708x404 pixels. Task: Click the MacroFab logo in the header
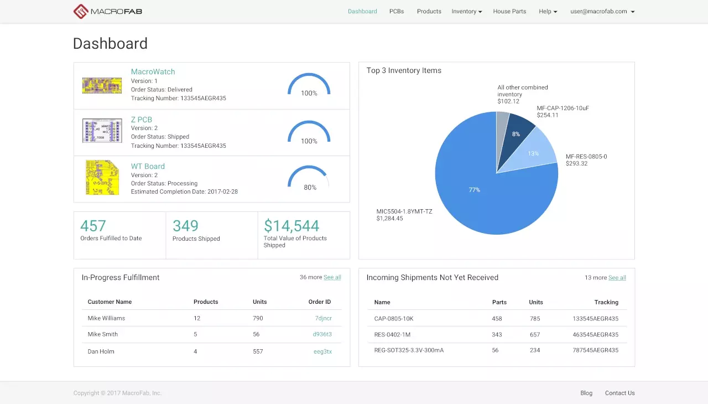tap(108, 11)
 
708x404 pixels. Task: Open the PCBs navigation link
tap(397, 11)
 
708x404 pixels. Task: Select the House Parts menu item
tap(509, 11)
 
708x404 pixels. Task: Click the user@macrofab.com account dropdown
tap(602, 11)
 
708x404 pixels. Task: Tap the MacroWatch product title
tap(153, 71)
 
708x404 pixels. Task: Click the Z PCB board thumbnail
tap(102, 131)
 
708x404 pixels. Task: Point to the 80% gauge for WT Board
tap(309, 179)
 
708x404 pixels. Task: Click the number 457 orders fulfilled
tap(93, 226)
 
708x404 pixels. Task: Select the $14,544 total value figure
tap(291, 226)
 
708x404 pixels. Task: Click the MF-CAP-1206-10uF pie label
tap(563, 108)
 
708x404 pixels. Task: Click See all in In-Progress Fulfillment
tap(332, 277)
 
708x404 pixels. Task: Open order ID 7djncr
tap(323, 318)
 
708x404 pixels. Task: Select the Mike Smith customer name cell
tap(103, 334)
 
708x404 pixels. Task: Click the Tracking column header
tap(606, 302)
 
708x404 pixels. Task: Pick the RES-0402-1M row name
tap(392, 335)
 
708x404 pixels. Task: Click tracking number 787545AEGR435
tap(595, 350)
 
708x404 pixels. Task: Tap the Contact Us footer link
tap(619, 393)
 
